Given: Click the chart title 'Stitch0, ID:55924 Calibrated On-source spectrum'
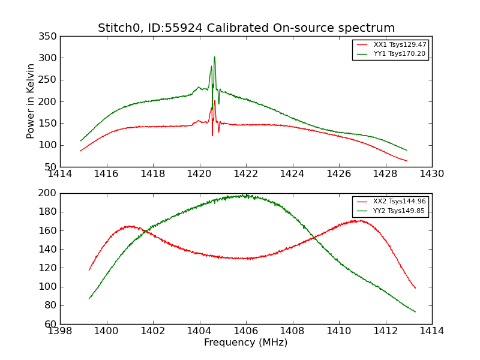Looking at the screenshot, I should [246, 28].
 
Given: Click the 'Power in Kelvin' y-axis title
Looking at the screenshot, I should [31, 101].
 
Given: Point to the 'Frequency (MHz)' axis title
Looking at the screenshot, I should [245, 343].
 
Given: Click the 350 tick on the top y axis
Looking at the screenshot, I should [50, 37].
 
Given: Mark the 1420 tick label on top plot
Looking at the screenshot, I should [199, 174].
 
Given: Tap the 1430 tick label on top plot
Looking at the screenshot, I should [431, 174].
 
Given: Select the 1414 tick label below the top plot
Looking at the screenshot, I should [60, 174].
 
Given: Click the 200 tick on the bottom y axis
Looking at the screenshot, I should [50, 193].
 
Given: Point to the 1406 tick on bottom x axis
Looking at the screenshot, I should [245, 331].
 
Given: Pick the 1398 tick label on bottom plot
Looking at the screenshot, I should [60, 331].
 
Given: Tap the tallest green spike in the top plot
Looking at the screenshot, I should [214, 58].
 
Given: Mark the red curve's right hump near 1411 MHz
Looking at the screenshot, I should [356, 221].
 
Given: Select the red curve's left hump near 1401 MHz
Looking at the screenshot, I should [130, 226].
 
